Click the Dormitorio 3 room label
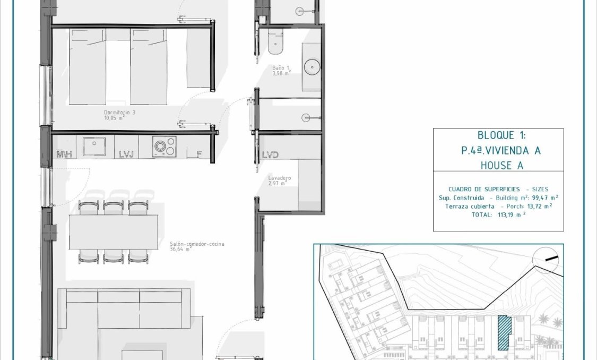pyautogui.click(x=117, y=113)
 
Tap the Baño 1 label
pyautogui.click(x=279, y=68)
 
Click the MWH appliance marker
pyautogui.click(x=64, y=155)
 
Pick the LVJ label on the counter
pyautogui.click(x=126, y=155)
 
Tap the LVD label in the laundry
pyautogui.click(x=270, y=155)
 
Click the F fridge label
pyautogui.click(x=199, y=155)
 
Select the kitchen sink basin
pyautogui.click(x=94, y=146)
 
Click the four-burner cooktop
pyautogui.click(x=164, y=146)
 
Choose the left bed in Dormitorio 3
pyautogui.click(x=88, y=66)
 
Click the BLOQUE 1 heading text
pyautogui.click(x=498, y=136)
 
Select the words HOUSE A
pyautogui.click(x=498, y=165)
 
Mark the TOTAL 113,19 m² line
pyautogui.click(x=498, y=215)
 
